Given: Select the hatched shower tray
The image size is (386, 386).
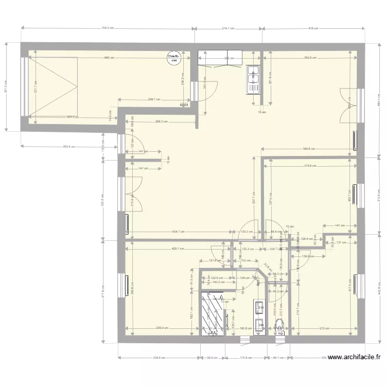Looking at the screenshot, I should coord(213,313).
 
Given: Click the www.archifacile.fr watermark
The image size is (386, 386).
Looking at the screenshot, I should coord(354,357).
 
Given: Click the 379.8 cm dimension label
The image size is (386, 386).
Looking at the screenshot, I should coord(310,166).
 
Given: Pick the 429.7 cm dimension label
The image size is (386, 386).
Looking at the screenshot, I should coord(178,249).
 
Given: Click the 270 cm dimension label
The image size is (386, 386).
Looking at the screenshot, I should coord(324,328).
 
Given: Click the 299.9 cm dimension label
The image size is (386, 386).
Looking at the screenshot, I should coord(163,328).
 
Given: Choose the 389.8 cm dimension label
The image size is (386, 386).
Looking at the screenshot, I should coord(309,149).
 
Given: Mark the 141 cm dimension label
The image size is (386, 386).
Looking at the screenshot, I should coord(340,225).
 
